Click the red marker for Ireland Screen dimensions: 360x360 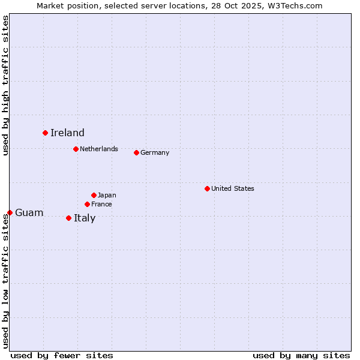[45, 133]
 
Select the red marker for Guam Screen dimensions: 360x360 [10, 212]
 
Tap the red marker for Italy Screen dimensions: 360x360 [68, 218]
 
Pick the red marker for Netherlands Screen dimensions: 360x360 [76, 149]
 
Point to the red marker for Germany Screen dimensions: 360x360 [136, 152]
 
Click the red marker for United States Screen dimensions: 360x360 [207, 188]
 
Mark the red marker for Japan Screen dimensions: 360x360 [94, 195]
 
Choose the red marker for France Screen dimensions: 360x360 [87, 204]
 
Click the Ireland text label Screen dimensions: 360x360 [67, 133]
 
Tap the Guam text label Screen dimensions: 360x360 [29, 212]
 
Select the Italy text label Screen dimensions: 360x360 [85, 218]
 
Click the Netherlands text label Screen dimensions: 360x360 [99, 149]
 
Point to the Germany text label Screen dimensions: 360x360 [155, 152]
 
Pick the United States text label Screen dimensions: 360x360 [233, 188]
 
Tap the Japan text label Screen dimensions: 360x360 [107, 195]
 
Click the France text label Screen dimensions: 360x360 [101, 204]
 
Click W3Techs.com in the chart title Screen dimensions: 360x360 [296, 5]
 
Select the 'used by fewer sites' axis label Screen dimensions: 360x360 [62, 355]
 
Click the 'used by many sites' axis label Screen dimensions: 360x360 [301, 355]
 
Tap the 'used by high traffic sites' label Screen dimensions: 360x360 [5, 85]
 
